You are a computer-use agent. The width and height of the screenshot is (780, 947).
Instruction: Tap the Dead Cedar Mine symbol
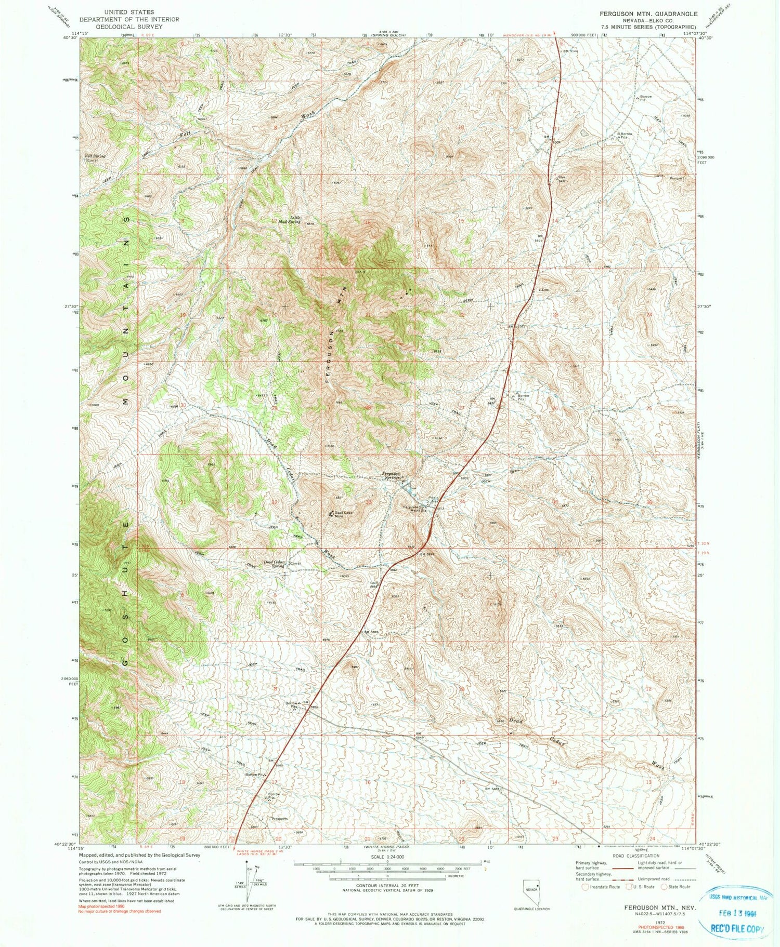331,514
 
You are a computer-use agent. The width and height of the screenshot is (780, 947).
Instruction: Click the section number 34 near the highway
461,501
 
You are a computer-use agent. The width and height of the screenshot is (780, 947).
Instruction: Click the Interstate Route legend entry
604,887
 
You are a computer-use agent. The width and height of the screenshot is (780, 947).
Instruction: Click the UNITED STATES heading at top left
129,11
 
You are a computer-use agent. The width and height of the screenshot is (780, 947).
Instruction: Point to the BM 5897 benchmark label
426,554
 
